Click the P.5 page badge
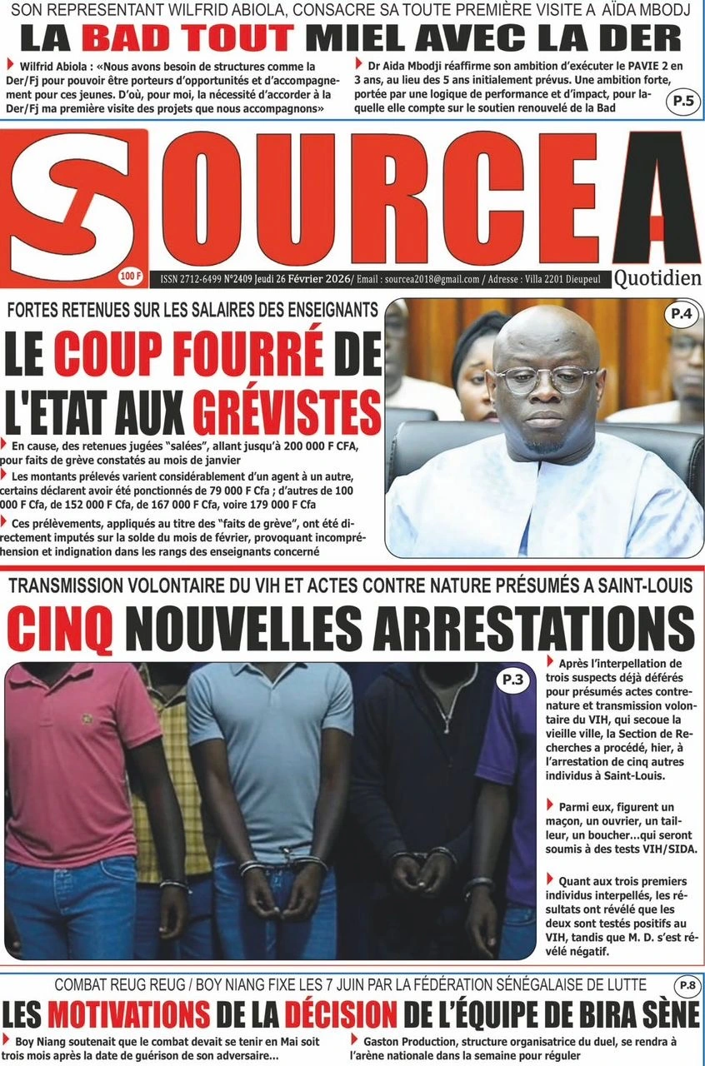(682, 102)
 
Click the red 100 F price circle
(131, 274)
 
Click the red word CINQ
(60, 627)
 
